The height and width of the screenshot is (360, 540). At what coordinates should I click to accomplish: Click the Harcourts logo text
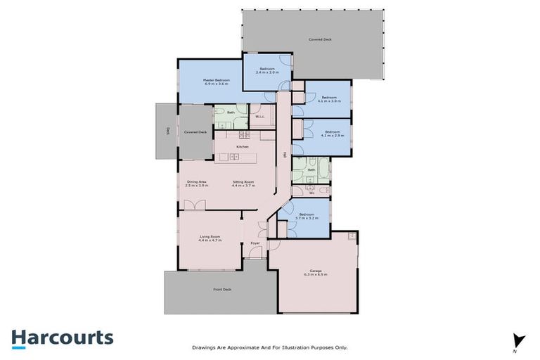pyautogui.click(x=62, y=337)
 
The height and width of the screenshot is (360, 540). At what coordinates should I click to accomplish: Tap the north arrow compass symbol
pyautogui.click(x=519, y=340)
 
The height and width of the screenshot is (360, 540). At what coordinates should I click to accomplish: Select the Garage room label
pyautogui.click(x=315, y=274)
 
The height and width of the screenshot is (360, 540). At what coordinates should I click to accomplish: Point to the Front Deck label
pyautogui.click(x=222, y=289)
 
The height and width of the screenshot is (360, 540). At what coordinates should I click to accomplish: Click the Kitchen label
pyautogui.click(x=242, y=146)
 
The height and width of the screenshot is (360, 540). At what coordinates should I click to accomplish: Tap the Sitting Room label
pyautogui.click(x=243, y=184)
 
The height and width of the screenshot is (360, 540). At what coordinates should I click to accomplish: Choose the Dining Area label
pyautogui.click(x=196, y=184)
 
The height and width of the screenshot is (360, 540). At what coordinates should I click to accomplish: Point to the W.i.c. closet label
pyautogui.click(x=259, y=117)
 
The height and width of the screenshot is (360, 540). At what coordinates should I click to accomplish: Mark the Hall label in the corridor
pyautogui.click(x=284, y=155)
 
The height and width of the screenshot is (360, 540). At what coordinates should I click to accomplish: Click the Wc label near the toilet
pyautogui.click(x=311, y=192)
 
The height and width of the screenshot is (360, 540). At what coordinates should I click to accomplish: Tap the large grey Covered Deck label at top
pyautogui.click(x=320, y=39)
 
